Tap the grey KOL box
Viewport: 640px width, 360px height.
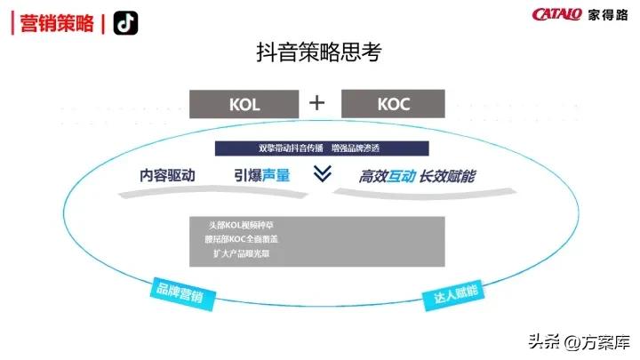coord(244,103)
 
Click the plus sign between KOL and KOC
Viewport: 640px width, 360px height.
coord(317,103)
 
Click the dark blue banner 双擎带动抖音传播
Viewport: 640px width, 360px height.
coord(322,148)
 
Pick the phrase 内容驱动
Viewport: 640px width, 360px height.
coord(167,175)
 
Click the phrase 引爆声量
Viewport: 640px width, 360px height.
coord(262,175)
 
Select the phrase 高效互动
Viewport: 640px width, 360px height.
coord(387,176)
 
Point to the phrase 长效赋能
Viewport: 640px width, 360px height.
coord(447,176)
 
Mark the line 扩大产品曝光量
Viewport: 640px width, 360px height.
coord(241,253)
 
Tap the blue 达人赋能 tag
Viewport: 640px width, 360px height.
coord(456,292)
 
